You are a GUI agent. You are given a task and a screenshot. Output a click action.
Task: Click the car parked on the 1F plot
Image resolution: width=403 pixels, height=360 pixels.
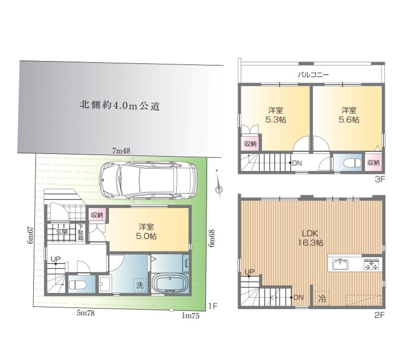pos(149,180)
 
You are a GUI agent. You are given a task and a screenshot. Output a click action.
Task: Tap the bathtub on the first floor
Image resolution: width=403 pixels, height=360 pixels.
pos(170,283)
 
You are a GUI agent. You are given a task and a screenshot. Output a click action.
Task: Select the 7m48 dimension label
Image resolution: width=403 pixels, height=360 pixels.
pos(121,151)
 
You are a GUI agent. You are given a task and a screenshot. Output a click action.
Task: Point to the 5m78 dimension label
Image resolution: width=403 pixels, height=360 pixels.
pos(86,312)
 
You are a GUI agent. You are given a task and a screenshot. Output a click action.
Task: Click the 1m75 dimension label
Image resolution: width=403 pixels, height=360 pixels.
pos(191,315)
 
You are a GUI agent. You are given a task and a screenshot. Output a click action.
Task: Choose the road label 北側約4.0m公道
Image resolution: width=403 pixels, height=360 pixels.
pos(120,105)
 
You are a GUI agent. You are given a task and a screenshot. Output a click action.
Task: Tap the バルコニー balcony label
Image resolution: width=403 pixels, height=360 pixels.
pos(313,75)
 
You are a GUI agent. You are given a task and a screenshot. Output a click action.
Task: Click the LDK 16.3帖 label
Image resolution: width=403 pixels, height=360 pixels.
pos(310,238)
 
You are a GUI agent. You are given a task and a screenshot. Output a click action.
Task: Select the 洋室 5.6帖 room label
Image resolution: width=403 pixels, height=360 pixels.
pos(349,115)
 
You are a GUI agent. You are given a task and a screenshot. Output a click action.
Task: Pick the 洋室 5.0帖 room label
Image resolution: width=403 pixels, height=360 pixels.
pos(146,232)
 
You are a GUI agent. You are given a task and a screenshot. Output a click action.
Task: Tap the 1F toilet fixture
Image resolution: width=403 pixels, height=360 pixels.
pos(78,284)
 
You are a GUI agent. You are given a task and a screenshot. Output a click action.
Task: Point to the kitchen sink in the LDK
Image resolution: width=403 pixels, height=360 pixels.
pos(340,264)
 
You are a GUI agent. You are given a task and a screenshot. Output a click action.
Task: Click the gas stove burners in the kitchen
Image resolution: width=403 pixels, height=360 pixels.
pos(371,264)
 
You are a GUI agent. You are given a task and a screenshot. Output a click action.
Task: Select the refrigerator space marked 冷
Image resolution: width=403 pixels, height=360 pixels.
pos(322,299)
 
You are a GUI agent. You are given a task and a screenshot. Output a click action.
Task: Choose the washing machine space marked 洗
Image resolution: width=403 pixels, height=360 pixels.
pos(140,285)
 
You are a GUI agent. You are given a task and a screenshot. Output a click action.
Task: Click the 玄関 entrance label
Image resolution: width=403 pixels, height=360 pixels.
pos(62,232)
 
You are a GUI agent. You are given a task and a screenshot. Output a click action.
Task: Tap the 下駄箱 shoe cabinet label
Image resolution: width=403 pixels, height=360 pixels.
pos(81,233)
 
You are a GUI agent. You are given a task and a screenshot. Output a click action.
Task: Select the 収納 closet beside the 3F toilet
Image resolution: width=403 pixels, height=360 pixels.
pos(373,162)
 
